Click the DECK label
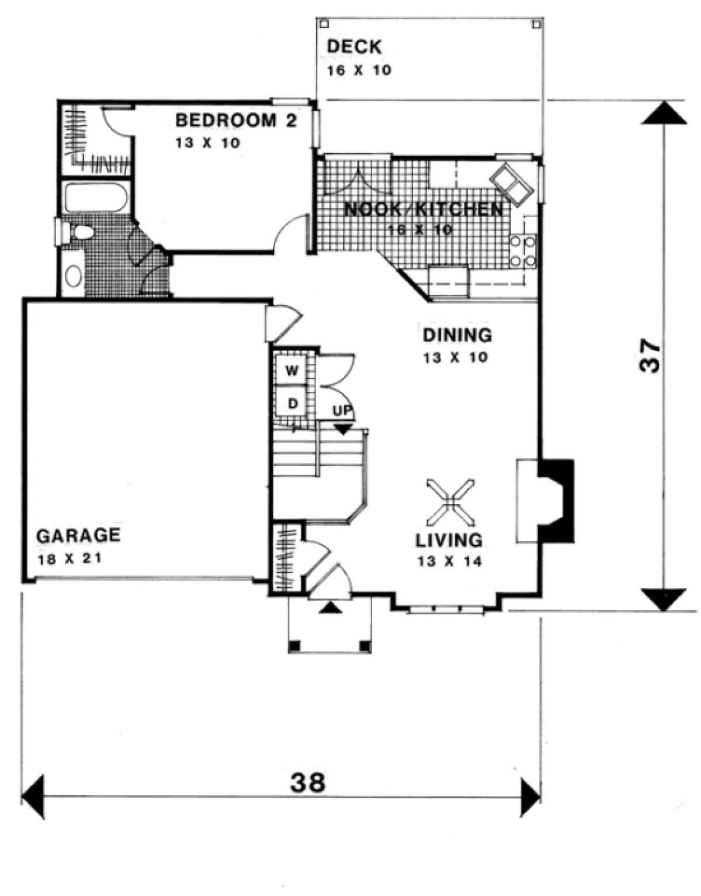click(x=354, y=47)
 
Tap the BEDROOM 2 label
click(x=236, y=121)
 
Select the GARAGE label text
click(x=78, y=535)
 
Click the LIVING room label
click(x=449, y=540)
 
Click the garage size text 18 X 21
click(x=69, y=560)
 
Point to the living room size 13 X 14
click(x=449, y=561)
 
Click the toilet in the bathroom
click(x=76, y=232)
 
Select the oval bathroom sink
click(x=74, y=275)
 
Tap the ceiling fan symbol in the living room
click(x=451, y=502)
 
